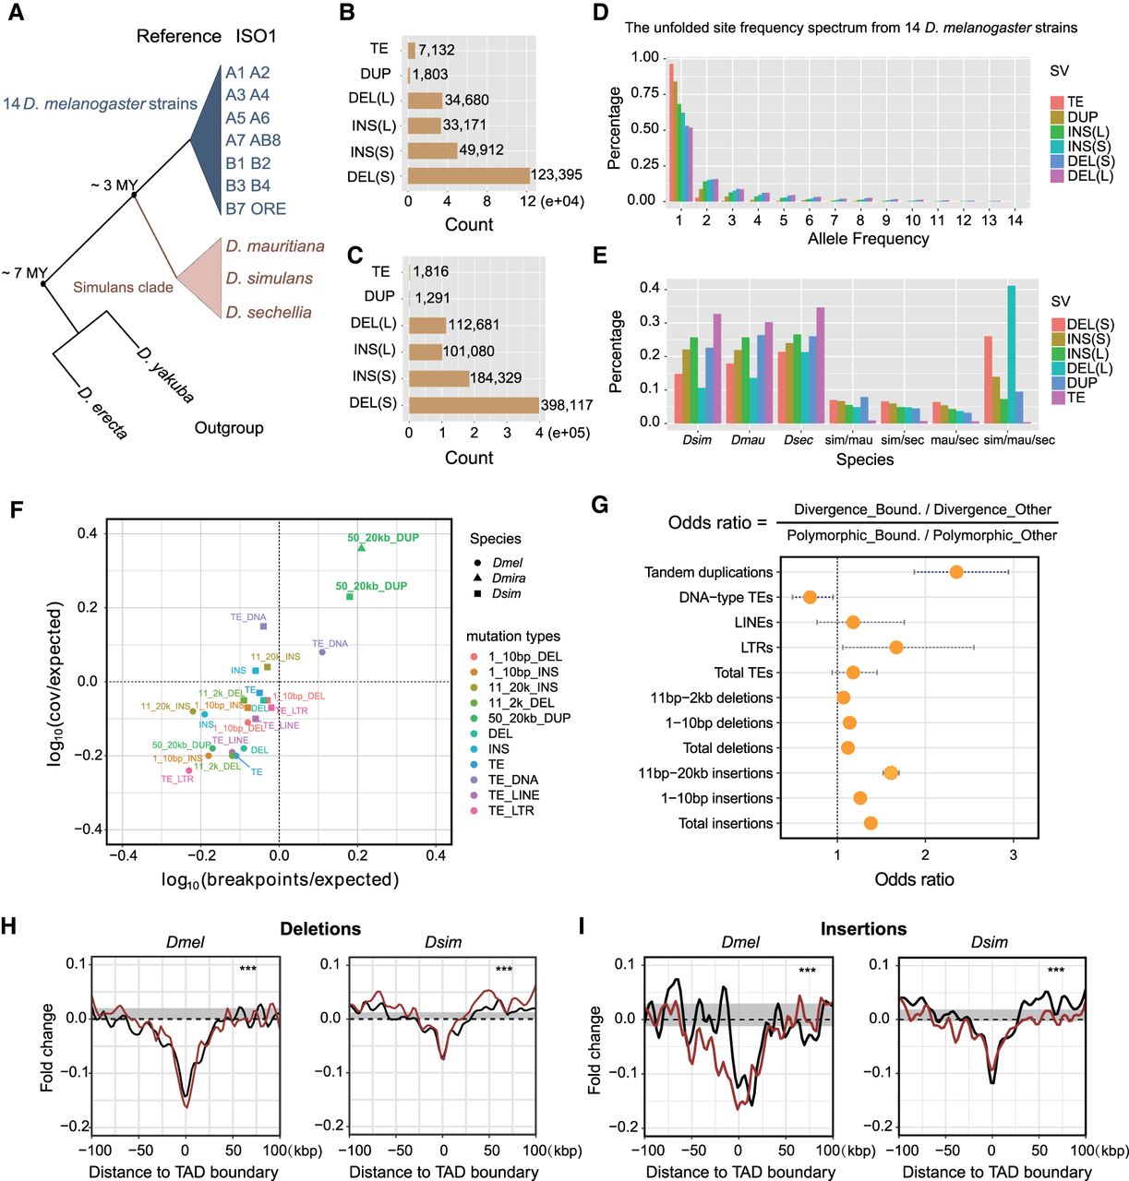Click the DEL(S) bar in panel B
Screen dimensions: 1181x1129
468,175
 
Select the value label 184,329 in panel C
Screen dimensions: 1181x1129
496,377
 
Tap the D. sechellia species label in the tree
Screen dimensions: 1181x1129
269,313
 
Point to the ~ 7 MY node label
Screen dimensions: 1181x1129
24,273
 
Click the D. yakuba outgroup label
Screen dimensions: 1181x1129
165,375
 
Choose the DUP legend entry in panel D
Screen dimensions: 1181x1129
1082,117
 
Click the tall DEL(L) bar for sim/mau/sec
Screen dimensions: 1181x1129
1011,354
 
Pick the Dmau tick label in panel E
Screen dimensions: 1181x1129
748,440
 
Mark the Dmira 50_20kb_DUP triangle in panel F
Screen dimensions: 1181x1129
361,548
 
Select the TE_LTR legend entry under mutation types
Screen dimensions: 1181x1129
510,811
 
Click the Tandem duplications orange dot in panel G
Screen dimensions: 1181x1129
955,572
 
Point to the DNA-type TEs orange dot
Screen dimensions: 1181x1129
810,597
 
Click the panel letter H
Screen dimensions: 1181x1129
9,926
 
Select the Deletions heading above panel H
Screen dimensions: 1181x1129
320,929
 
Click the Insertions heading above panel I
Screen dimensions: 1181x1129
863,929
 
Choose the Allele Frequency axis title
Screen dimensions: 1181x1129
868,239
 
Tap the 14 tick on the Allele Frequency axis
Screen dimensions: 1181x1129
1015,221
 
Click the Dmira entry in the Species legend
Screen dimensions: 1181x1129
509,579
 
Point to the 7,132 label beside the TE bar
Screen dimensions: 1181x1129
437,50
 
